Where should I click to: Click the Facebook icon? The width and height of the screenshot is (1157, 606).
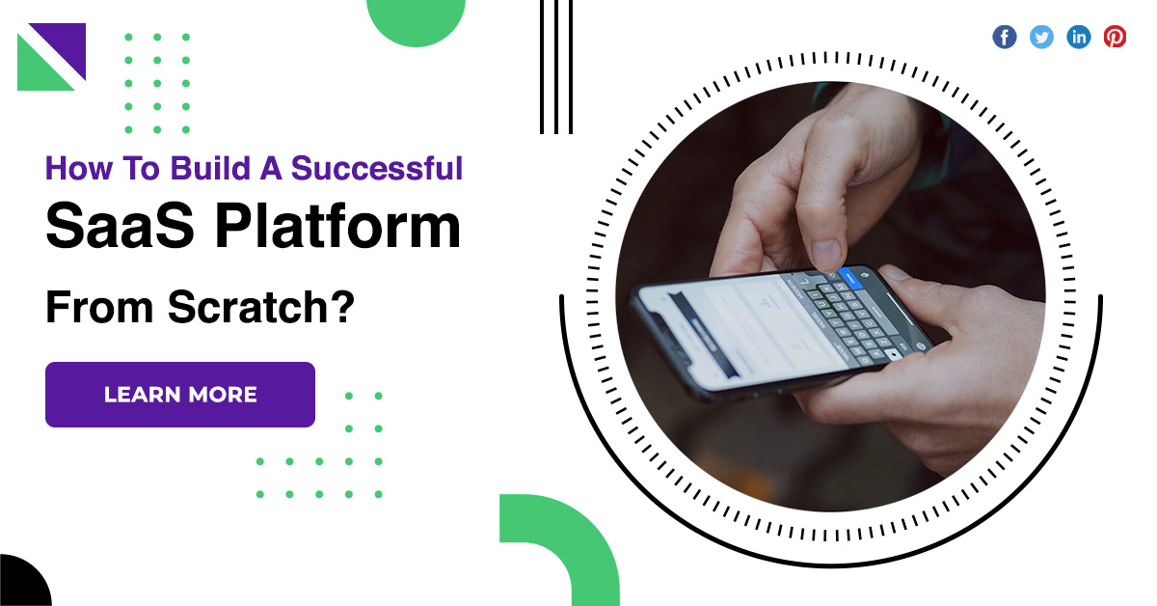point(1004,38)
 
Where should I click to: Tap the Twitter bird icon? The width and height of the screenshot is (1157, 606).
point(1041,38)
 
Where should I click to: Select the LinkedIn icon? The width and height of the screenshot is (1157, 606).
point(1079,38)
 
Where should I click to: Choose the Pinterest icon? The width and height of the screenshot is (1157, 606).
point(1116,38)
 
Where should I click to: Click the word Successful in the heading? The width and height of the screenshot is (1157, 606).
point(377,168)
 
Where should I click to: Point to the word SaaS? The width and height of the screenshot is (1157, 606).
point(120,226)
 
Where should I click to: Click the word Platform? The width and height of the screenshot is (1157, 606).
point(337,226)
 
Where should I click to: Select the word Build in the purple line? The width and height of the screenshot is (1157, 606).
point(210,168)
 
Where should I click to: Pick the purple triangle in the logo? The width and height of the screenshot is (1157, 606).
point(62,46)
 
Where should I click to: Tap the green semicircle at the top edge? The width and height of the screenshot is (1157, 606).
point(416,20)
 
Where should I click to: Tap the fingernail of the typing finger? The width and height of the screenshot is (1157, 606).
point(825,255)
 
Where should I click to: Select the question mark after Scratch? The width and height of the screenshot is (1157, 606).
point(340,306)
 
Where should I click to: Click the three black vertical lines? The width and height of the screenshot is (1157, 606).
point(556,67)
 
